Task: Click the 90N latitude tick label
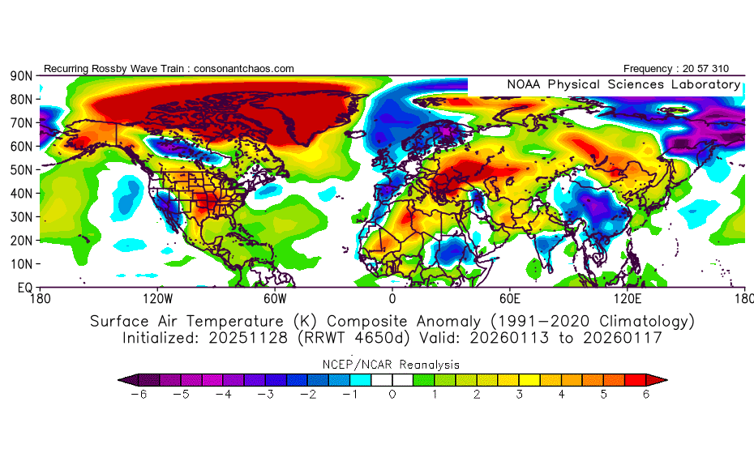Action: pos(21,75)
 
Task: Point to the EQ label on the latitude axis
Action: pos(24,288)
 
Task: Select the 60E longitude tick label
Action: pos(509,299)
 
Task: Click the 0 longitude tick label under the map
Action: pos(392,299)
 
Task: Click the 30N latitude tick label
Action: pos(21,217)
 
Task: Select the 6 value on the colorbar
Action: pos(647,394)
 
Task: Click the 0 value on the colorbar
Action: pos(392,394)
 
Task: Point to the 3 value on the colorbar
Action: pos(519,394)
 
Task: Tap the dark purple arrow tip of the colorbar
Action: pos(124,378)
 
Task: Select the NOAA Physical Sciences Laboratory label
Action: pos(623,84)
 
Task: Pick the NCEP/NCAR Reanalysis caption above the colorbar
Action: pos(392,365)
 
